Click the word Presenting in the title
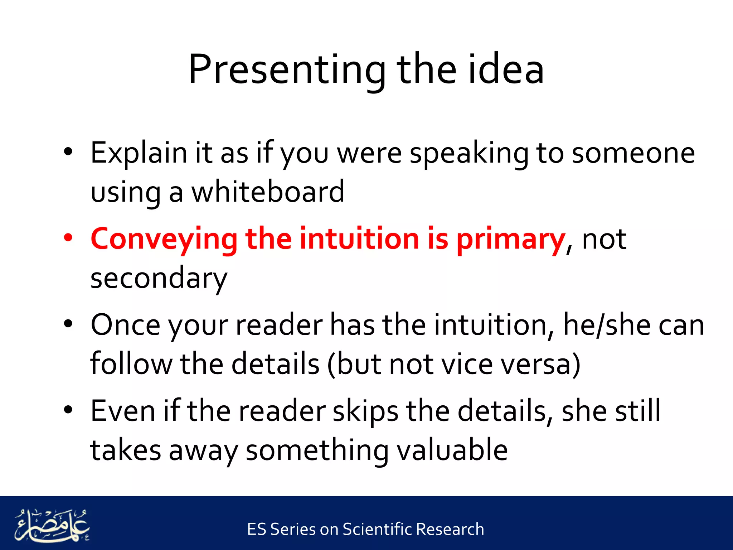coord(286,70)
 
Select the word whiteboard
coord(268,192)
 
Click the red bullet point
coord(68,238)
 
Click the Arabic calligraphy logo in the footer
coord(52,525)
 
